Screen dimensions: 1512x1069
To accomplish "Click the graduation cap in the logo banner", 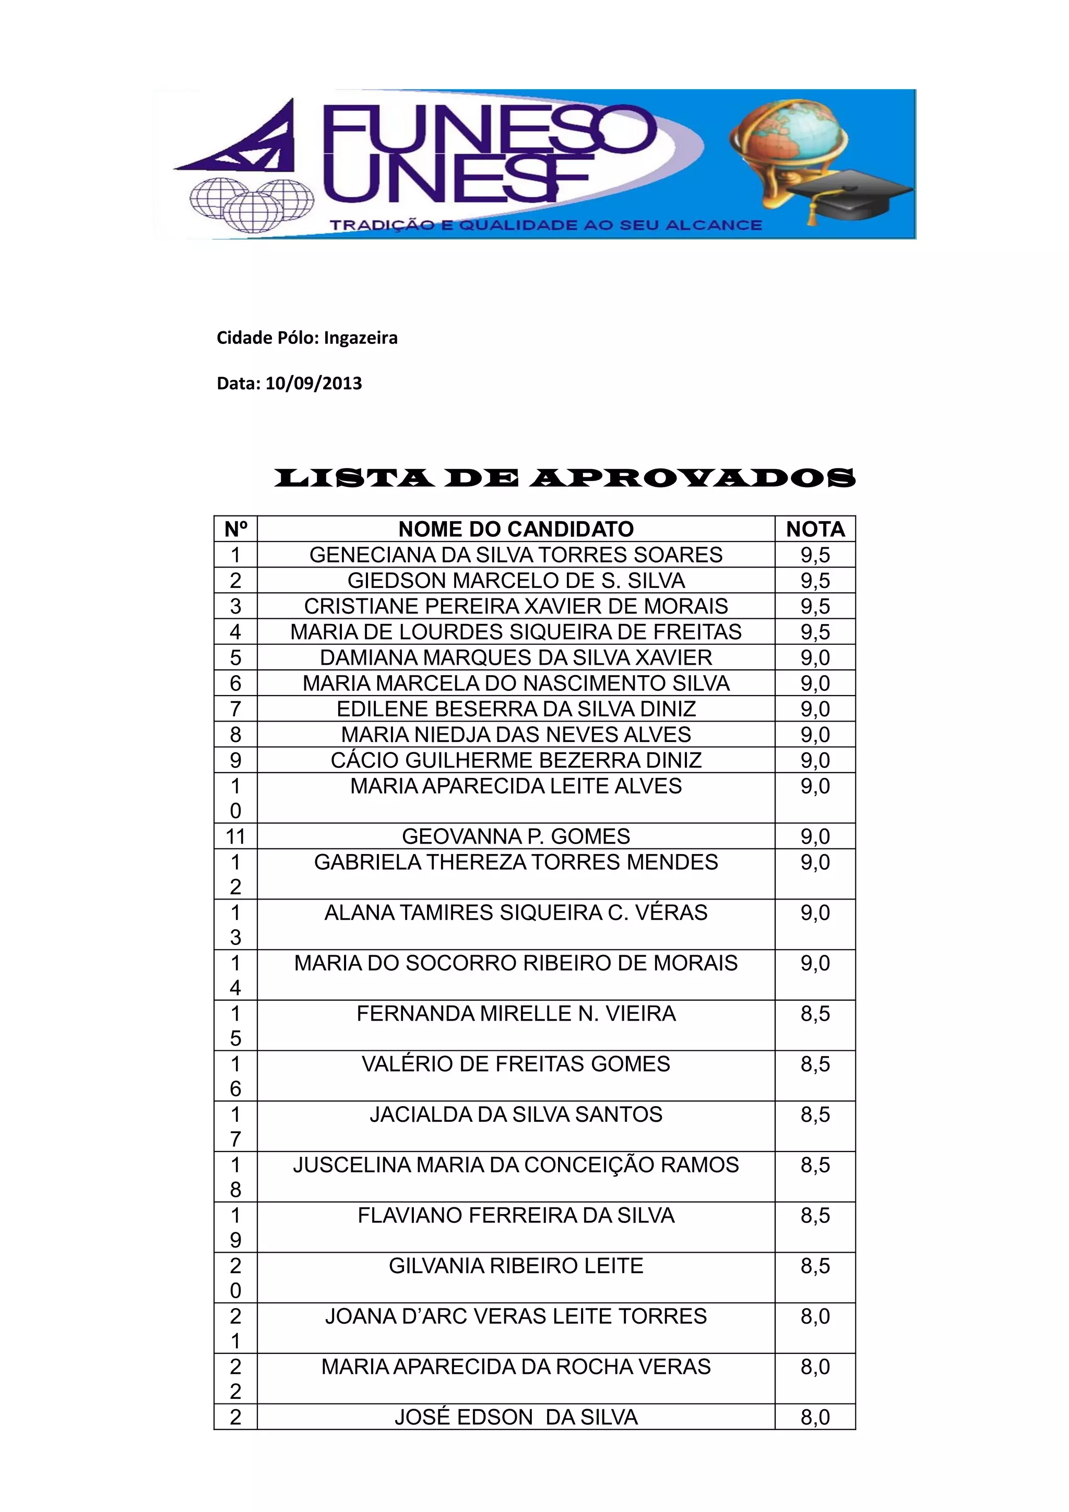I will [850, 193].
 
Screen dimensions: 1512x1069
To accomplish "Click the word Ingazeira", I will [360, 338].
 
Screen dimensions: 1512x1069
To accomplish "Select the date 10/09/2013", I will [314, 383].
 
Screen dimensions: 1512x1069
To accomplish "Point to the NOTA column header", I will [815, 529].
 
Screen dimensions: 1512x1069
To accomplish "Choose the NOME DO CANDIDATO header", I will [516, 529].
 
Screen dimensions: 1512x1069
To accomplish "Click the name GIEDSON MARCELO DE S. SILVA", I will [516, 580].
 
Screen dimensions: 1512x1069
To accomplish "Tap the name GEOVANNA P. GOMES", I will [516, 836].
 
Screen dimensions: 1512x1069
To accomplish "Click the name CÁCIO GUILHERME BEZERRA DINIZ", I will [516, 760].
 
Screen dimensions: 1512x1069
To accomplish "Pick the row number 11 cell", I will [235, 836].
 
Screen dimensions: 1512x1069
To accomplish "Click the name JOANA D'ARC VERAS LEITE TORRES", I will [516, 1316].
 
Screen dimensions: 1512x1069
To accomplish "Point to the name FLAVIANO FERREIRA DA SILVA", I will [516, 1216].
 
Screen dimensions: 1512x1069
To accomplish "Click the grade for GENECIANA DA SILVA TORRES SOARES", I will [815, 555].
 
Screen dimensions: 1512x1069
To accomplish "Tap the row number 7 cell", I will [235, 709].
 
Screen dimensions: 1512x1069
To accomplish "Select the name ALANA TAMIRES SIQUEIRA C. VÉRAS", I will [516, 913].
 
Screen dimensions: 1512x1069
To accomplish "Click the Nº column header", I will [235, 529].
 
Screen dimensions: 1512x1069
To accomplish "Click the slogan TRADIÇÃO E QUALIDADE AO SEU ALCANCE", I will [545, 225].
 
